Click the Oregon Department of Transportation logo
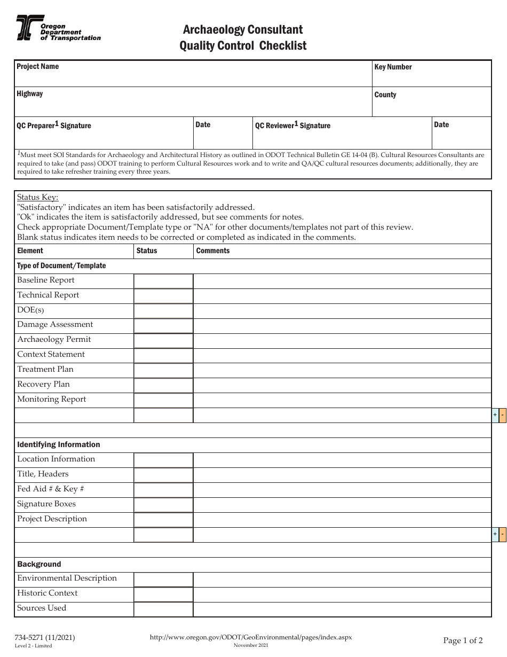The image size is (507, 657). pos(58,28)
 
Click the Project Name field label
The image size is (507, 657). pos(37,67)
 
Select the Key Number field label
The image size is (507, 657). pos(393,67)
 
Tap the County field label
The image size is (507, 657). pos(385,95)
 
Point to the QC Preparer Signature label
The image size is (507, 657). pos(54,126)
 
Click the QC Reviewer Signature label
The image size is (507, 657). pos(292,126)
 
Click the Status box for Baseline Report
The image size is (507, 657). pos(163,281)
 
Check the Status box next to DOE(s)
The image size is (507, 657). pos(163,311)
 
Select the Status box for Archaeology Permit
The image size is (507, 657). pos(163,340)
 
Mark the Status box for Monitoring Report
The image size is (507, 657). pos(163,400)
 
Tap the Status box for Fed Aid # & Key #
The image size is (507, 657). pos(163,490)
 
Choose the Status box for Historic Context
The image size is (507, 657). pos(163,594)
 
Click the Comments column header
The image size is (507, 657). pos(212,251)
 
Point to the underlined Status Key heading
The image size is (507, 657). pos(38,197)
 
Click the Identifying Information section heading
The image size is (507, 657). pos(59,445)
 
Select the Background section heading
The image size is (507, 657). pos(39,565)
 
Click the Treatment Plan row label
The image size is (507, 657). pos(45,370)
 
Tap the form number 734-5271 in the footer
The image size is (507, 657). pos(46,637)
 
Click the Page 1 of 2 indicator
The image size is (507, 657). pos(463,640)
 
